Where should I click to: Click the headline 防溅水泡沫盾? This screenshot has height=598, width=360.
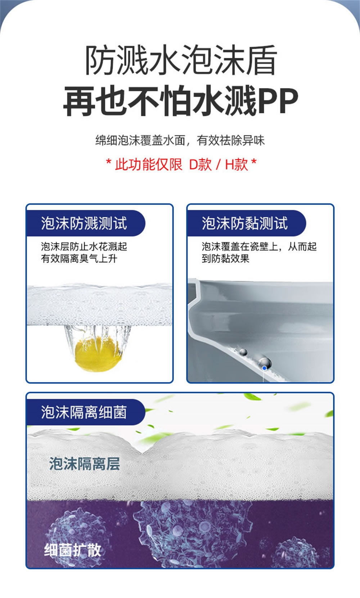(x=181, y=60)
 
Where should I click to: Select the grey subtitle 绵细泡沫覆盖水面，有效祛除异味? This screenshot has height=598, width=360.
(x=180, y=140)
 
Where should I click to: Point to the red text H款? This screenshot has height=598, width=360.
(x=237, y=164)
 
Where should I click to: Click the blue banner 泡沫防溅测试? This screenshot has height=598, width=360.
(x=84, y=223)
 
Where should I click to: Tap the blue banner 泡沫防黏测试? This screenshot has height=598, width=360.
(x=245, y=223)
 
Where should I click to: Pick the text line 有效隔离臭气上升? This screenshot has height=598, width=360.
(x=79, y=258)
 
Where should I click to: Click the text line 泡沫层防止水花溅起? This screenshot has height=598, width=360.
(x=84, y=246)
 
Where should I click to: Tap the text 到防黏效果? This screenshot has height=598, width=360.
(x=225, y=258)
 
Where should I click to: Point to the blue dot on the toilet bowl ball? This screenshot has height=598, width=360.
(x=265, y=368)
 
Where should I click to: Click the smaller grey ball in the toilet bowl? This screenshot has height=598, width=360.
(x=243, y=352)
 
